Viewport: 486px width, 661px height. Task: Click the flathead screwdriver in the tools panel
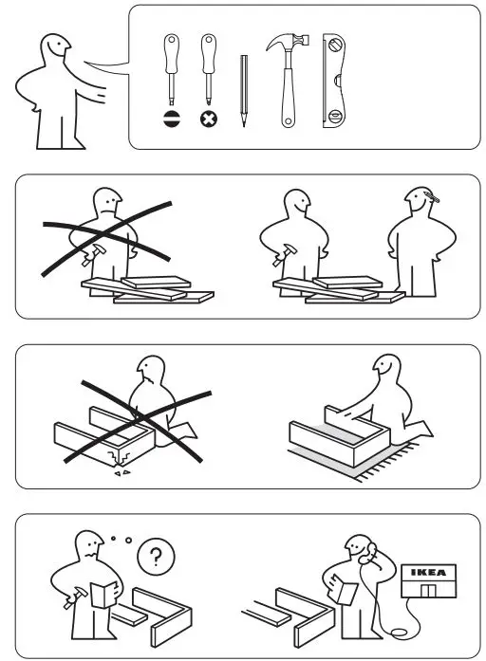(171, 66)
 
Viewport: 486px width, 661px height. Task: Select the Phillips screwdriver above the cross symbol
(207, 66)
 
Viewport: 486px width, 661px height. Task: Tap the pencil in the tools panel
(243, 90)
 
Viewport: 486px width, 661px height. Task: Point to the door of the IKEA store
(429, 593)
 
